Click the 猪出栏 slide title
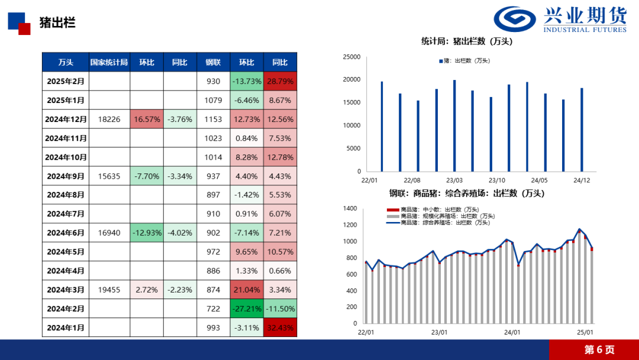(x=57, y=23)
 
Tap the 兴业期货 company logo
(x=560, y=20)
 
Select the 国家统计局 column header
(x=109, y=62)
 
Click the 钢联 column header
(x=213, y=62)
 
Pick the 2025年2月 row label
(x=66, y=81)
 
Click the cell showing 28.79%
(x=280, y=81)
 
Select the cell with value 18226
(x=109, y=119)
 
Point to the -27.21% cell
(x=247, y=308)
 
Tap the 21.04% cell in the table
(x=247, y=290)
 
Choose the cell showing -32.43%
(x=280, y=327)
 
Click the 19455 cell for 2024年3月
(x=109, y=290)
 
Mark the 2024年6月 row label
(x=66, y=233)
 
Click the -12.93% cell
(x=147, y=233)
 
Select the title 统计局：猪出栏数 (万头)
(x=466, y=41)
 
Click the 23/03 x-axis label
(x=454, y=180)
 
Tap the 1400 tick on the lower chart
(x=350, y=208)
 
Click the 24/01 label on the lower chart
(x=512, y=333)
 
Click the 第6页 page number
(x=599, y=349)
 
